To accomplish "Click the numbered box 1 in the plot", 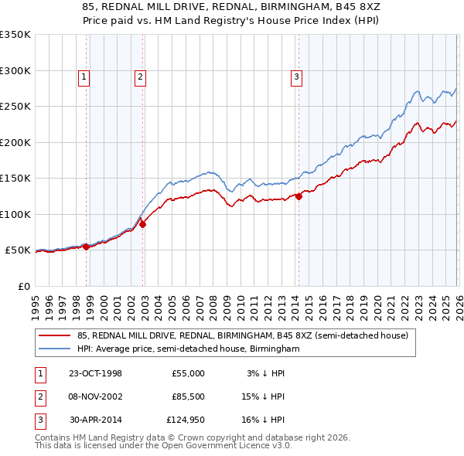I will (83, 77).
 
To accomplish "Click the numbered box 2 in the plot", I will (140, 77).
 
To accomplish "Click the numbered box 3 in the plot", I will (295, 77).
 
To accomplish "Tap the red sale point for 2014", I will (299, 196).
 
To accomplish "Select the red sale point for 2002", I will (143, 225).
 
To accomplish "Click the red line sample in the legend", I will (55, 335).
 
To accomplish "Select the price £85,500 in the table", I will (188, 397).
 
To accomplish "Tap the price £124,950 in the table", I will (186, 421).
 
